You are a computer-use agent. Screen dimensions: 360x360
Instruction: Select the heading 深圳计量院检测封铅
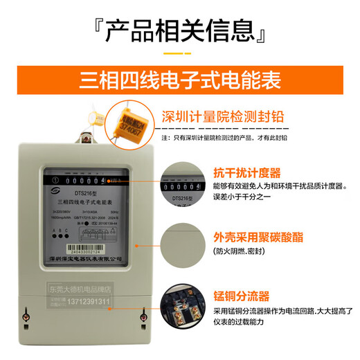coord(223,115)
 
